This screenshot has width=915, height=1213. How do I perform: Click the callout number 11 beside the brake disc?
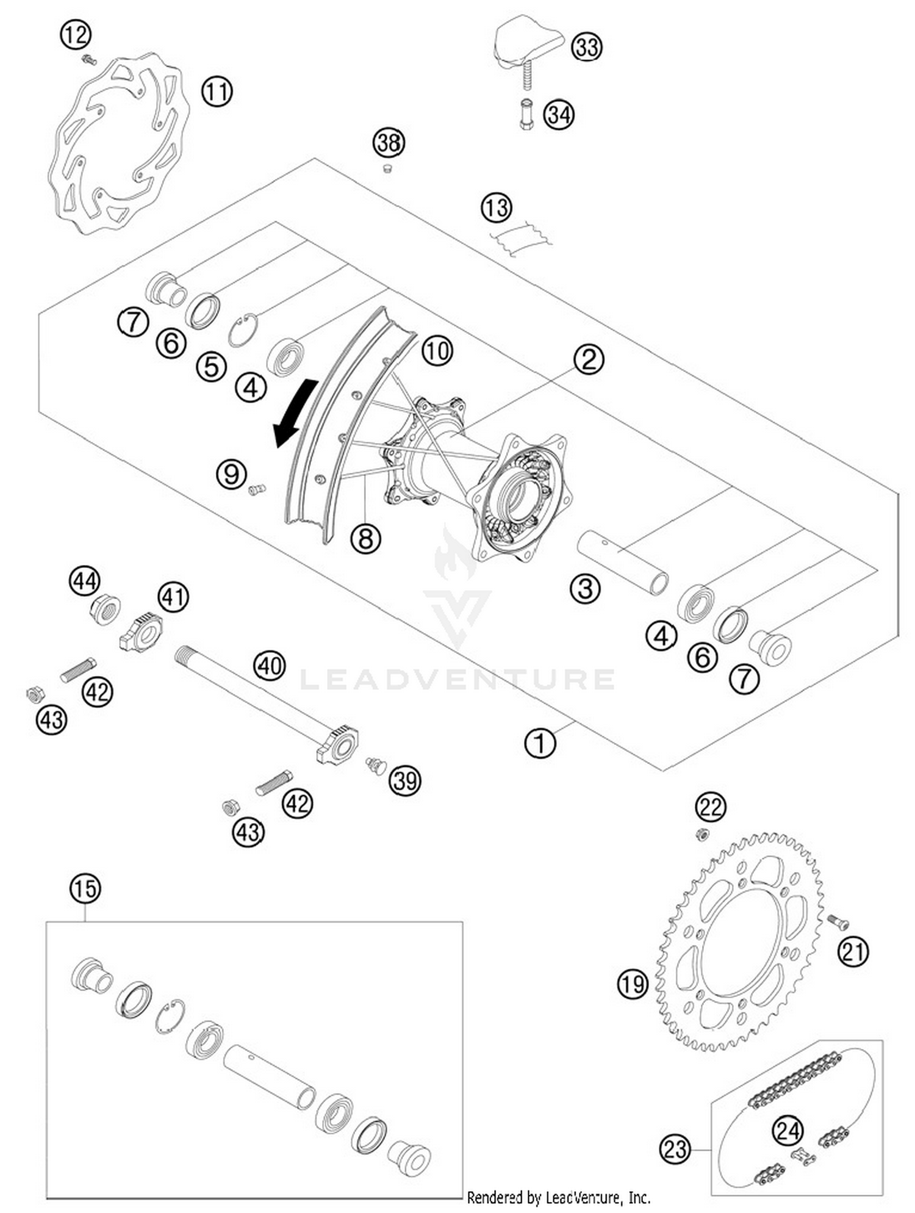tap(217, 92)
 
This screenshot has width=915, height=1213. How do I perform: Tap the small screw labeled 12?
tap(90, 60)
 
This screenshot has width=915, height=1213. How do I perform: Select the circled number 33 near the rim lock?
tap(587, 47)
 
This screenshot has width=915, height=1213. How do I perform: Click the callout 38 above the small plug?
tap(389, 143)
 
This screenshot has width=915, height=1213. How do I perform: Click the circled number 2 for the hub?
tap(589, 359)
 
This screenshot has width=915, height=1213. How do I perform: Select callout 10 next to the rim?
tap(437, 351)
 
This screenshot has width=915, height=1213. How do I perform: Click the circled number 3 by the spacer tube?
tap(585, 589)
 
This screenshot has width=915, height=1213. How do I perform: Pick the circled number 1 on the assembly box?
tap(540, 743)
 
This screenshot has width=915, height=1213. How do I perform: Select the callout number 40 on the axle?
tap(270, 664)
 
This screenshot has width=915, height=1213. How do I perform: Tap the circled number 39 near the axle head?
tap(406, 780)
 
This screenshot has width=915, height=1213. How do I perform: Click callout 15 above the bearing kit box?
tap(85, 888)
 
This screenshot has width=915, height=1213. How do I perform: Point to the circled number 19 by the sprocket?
tap(632, 984)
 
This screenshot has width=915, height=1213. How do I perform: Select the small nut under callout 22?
tap(702, 834)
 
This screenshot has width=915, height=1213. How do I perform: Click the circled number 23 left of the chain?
tap(675, 1150)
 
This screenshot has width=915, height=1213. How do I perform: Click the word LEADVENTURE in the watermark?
tap(457, 679)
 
